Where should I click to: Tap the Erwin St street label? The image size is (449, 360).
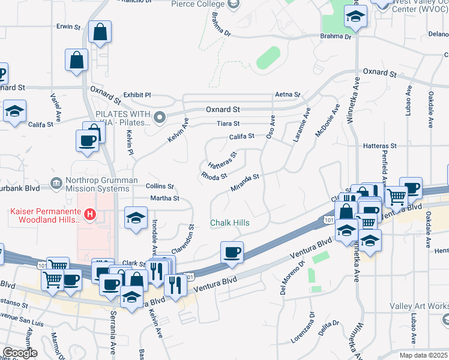pyautogui.click(x=68, y=27)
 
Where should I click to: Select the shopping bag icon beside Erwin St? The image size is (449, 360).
pyautogui.click(x=100, y=32)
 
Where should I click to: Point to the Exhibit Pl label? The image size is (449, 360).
pyautogui.click(x=137, y=95)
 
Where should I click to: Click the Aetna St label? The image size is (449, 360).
pyautogui.click(x=287, y=94)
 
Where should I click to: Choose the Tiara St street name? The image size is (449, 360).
pyautogui.click(x=228, y=124)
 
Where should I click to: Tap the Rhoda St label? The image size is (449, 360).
pyautogui.click(x=214, y=176)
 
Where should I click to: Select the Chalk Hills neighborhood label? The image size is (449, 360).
pyautogui.click(x=230, y=223)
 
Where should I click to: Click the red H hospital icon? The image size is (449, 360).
pyautogui.click(x=89, y=213)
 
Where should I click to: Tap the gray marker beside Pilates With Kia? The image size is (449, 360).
pyautogui.click(x=159, y=117)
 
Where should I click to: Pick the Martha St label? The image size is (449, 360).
pyautogui.click(x=164, y=198)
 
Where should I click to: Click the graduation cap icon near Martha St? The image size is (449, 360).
pyautogui.click(x=136, y=217)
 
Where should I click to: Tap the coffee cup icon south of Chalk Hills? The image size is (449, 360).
pyautogui.click(x=232, y=251)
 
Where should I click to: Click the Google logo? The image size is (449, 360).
pyautogui.click(x=19, y=352)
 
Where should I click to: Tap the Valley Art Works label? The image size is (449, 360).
pyautogui.click(x=418, y=307)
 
